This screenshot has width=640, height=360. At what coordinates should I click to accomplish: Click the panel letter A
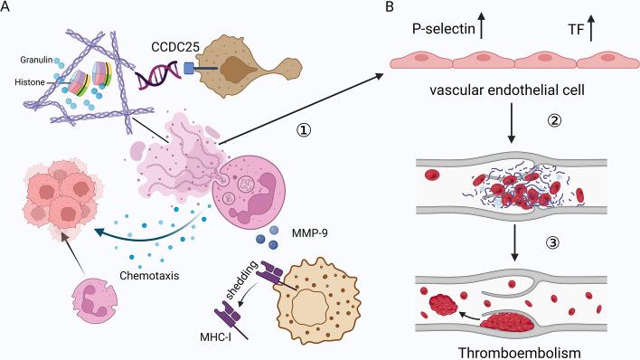coord(6,8)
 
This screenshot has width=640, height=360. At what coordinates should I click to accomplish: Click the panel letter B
coord(363,8)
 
